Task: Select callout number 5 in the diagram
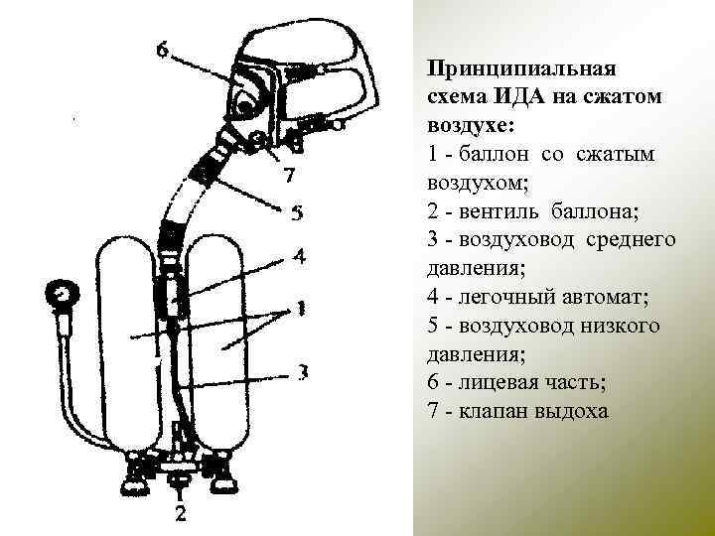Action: tap(296, 212)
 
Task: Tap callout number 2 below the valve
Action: tap(180, 513)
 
